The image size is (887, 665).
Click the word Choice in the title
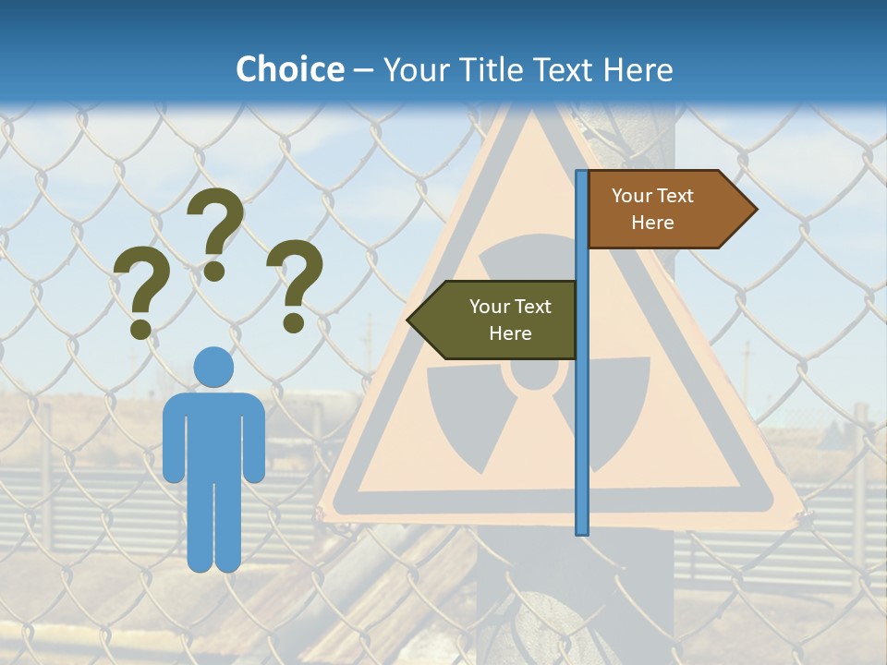[x=289, y=69]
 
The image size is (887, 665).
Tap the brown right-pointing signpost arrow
[x=665, y=210]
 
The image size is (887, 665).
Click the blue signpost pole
[x=582, y=416]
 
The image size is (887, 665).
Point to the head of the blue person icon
[x=213, y=368]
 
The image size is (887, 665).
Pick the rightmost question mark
[x=295, y=282]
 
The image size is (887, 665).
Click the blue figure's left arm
[x=173, y=439]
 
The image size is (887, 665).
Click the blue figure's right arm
[x=255, y=439]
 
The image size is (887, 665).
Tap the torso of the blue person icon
[x=213, y=434]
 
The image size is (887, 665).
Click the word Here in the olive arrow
[x=510, y=333]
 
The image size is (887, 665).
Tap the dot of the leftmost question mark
[x=140, y=328]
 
